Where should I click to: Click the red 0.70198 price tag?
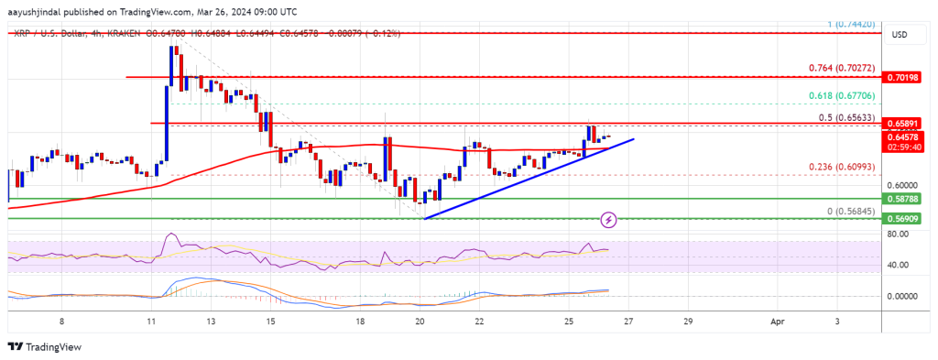[x=910, y=79]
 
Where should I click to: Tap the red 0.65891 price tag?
[x=910, y=124]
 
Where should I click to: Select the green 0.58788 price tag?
[x=910, y=198]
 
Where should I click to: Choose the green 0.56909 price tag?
[x=910, y=220]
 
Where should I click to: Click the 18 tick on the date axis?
[x=360, y=322]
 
